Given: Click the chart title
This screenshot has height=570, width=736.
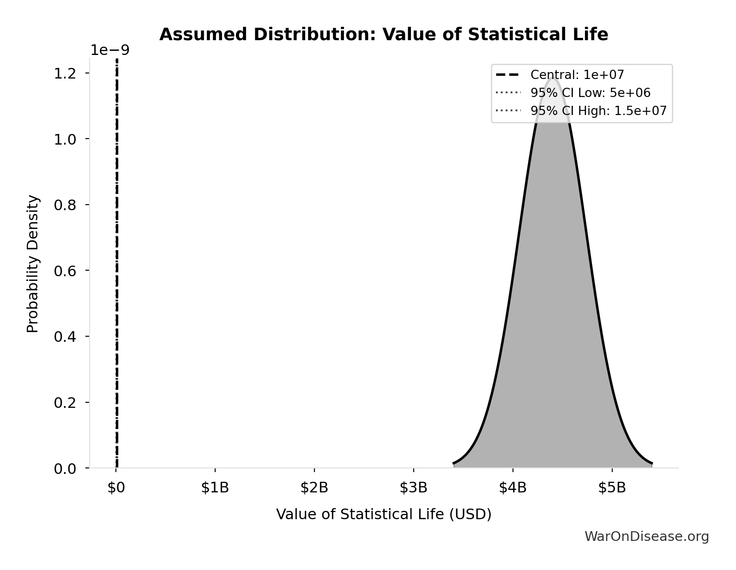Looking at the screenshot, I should point(384,35).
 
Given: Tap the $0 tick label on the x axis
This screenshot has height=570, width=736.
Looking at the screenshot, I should point(116,488).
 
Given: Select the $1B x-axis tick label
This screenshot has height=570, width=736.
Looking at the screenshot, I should point(215,488).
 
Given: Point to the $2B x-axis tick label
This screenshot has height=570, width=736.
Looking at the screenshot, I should point(314,488).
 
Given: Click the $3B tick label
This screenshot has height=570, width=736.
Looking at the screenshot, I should point(414,488).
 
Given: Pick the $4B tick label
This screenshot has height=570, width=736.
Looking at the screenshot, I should point(513,488).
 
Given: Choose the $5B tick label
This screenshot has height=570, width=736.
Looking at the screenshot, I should point(612,488).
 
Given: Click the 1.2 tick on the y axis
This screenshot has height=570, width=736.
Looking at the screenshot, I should point(65,73).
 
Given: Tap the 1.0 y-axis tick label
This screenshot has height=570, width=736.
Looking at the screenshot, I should point(65,139).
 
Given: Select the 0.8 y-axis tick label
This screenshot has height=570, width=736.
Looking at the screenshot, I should point(65,205).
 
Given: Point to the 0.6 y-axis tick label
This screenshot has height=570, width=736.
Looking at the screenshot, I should point(65,271).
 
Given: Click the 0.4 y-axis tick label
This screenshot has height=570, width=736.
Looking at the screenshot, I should point(65,336).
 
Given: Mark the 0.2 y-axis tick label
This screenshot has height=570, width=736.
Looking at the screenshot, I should point(65,402).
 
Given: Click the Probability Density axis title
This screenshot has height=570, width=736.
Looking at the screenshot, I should point(33,264).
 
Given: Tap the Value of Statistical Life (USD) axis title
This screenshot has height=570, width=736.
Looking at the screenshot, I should point(384,514).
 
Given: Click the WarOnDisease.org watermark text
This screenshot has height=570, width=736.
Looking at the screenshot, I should point(646,536).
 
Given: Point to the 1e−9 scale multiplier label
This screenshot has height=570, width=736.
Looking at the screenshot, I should point(110,50).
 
